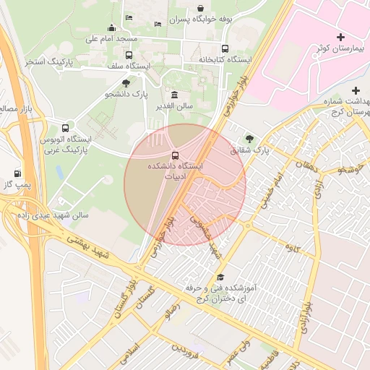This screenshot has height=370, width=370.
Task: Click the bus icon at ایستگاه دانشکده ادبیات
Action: (x=175, y=155)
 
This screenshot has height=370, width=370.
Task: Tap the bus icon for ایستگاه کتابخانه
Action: (x=225, y=49)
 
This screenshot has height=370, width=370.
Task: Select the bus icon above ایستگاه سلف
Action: (x=129, y=55)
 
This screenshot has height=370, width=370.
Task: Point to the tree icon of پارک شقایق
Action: (x=249, y=138)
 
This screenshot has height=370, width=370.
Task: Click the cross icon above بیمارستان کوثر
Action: (x=341, y=36)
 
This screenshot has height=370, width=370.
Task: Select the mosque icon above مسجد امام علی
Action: (x=112, y=27)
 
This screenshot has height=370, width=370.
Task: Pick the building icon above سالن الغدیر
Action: (x=174, y=95)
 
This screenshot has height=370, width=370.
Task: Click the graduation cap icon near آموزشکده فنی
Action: (x=220, y=277)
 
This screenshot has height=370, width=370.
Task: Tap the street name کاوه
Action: (x=293, y=250)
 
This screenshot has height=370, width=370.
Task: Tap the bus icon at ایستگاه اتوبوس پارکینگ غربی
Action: (x=66, y=127)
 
